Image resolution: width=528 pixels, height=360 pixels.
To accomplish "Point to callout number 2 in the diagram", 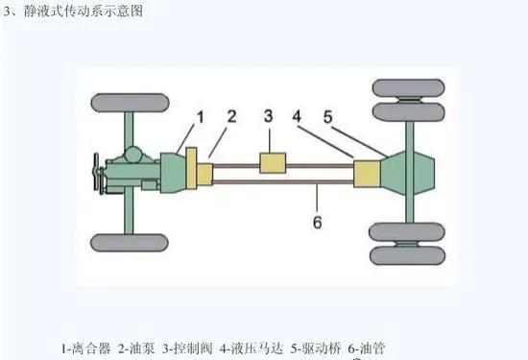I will [231, 117].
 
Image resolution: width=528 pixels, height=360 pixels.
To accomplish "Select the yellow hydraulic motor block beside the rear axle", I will [368, 174].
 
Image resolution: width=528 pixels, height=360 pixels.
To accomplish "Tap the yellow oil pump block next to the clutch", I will [204, 175].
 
